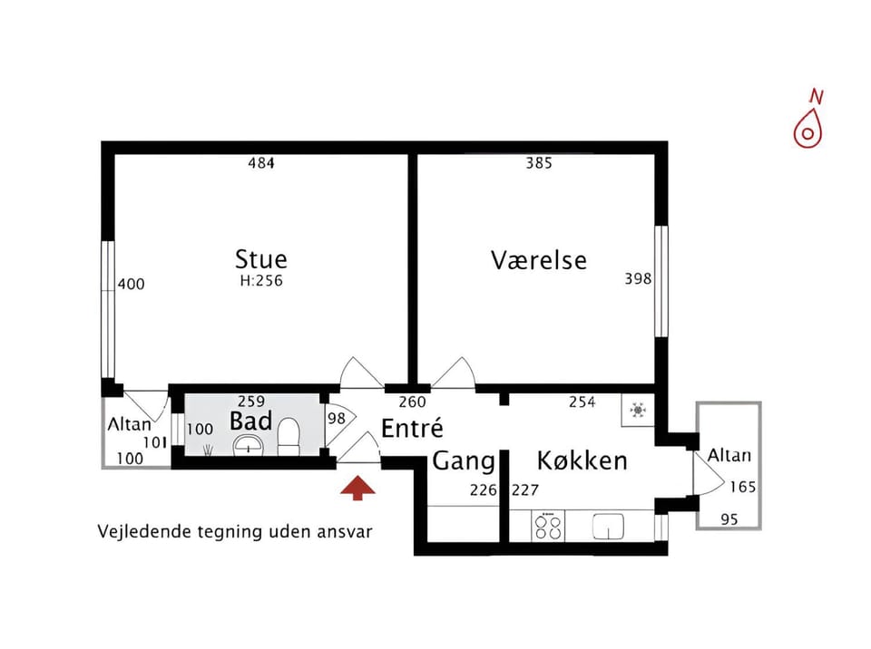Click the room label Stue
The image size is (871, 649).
(261, 259)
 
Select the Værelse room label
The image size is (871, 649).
(539, 260)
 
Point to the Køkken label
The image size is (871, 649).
(582, 460)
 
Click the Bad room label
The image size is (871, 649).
(250, 421)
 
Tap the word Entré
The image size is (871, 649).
(411, 428)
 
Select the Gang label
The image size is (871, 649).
(463, 461)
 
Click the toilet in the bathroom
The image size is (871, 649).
(289, 438)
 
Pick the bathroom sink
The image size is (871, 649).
(248, 445)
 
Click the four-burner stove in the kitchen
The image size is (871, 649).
(548, 527)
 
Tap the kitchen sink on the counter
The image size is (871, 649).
(607, 526)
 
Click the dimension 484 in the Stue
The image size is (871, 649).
(261, 164)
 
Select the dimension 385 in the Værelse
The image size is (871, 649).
(539, 164)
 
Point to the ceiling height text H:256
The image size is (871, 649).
(261, 281)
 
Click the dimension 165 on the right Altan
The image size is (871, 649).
(743, 487)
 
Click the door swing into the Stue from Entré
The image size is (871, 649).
(361, 373)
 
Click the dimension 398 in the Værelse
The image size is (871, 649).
(638, 279)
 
